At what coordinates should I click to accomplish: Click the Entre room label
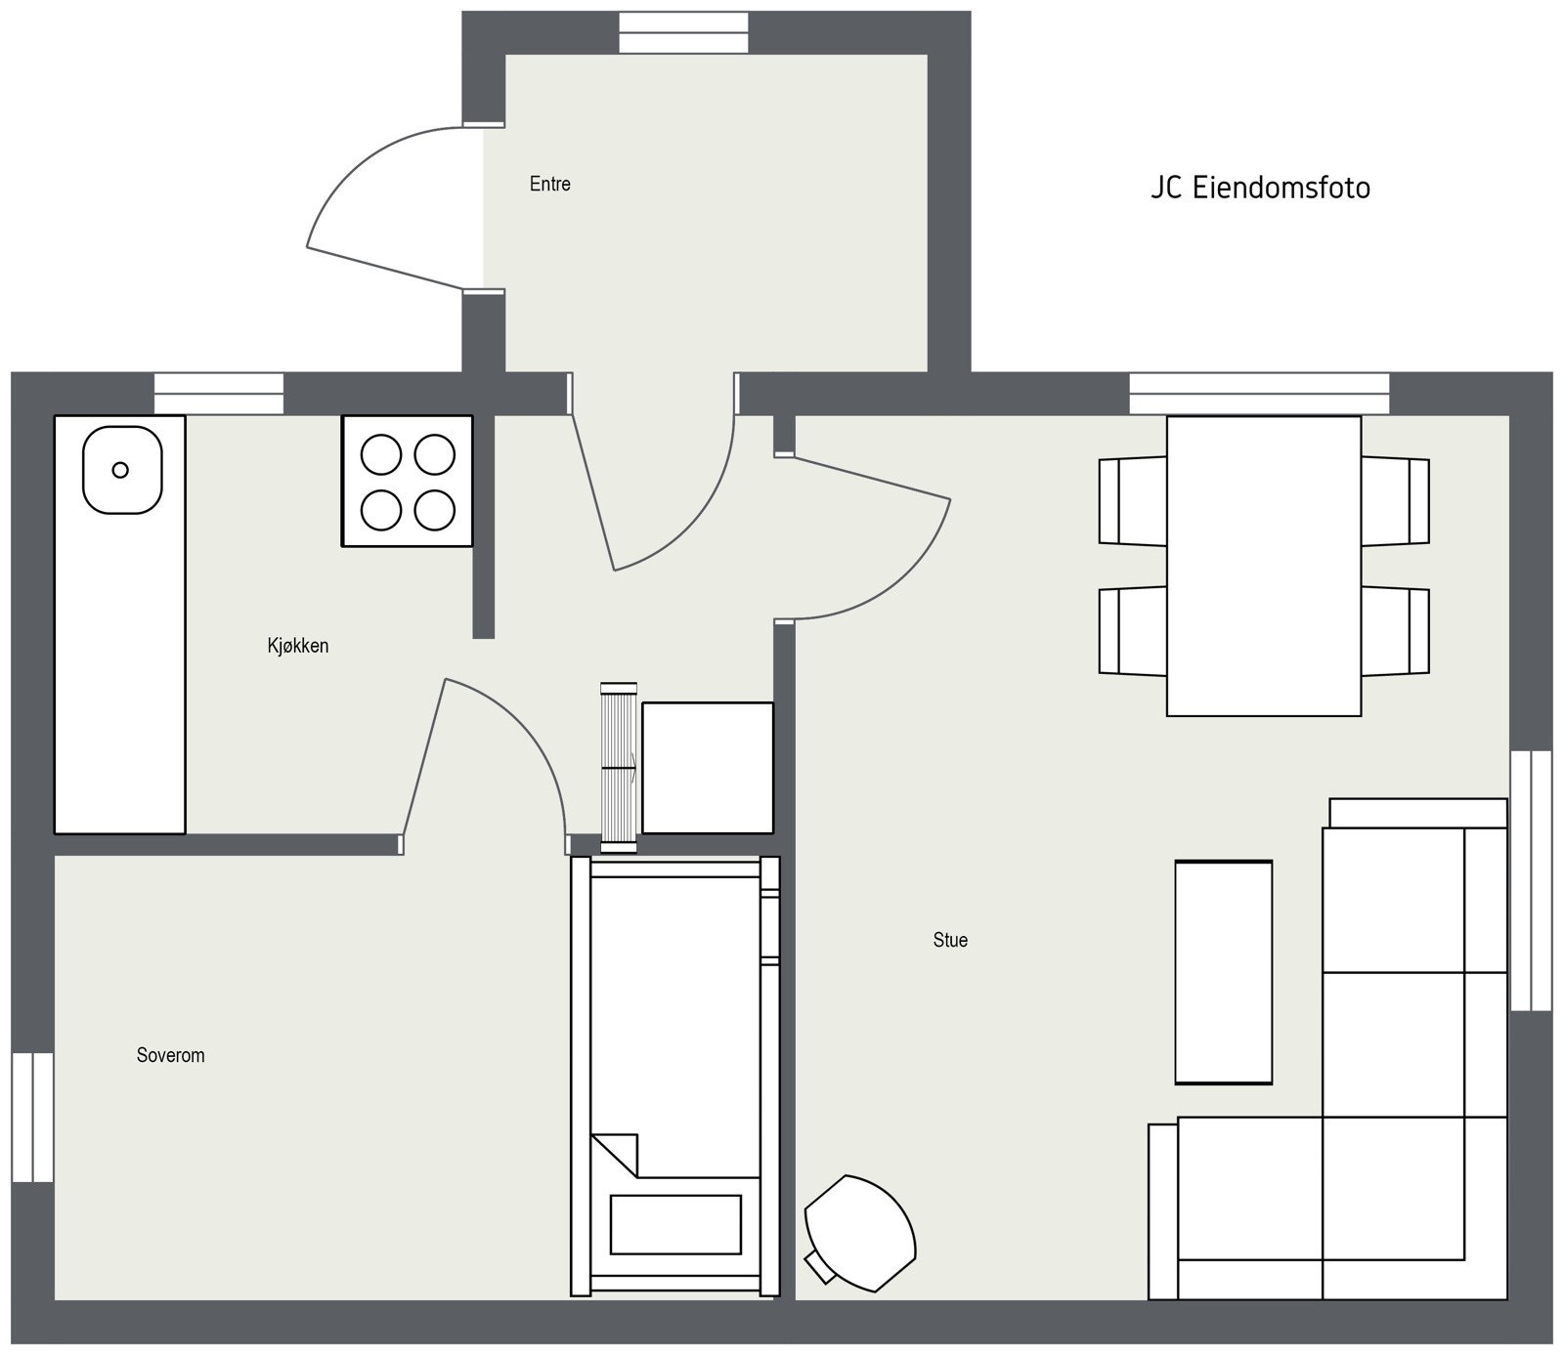point(550,184)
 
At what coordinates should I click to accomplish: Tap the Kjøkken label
point(298,646)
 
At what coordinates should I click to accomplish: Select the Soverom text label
point(171,1055)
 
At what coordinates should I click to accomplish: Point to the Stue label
point(950,940)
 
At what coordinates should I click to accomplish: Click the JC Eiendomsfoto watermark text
point(1260,188)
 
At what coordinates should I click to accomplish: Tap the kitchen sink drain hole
point(120,470)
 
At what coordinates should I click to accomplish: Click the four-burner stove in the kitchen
point(408,481)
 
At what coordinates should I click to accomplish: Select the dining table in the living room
point(1264,567)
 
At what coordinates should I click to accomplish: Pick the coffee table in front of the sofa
point(1224,972)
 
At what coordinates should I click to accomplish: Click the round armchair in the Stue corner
point(860,1233)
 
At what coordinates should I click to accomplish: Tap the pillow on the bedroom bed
point(675,1224)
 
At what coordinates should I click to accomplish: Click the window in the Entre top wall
point(684,32)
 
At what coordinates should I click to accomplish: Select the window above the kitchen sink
point(219,394)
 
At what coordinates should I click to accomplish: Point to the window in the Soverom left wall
point(32,1117)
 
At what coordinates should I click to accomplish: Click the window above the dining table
point(1260,394)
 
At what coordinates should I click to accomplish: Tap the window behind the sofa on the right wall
point(1531,880)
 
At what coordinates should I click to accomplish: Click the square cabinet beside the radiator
point(708,768)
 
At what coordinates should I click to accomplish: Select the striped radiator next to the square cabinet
point(619,768)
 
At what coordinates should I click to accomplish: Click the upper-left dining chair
point(1132,501)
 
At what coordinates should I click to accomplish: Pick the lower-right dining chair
point(1396,631)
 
